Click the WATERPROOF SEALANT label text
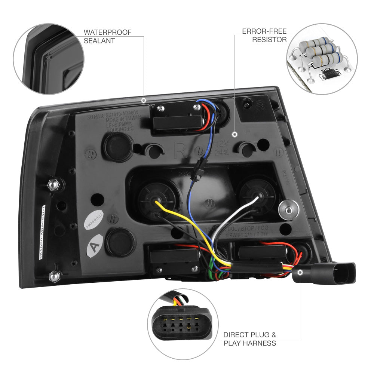point(107,36)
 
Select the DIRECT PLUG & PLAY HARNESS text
point(250,339)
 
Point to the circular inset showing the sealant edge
point(49,59)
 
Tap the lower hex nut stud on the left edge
point(55,276)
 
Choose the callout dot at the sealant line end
point(144,101)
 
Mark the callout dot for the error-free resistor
point(235,134)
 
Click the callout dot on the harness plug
point(300,273)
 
